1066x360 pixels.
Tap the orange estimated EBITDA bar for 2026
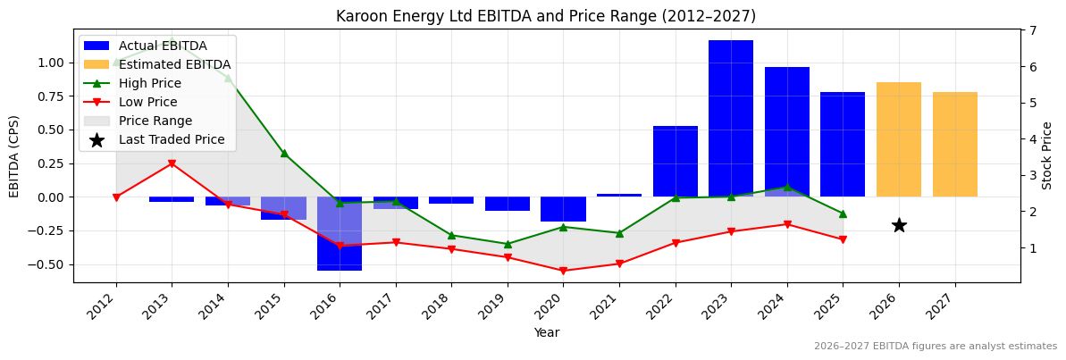[x=899, y=139]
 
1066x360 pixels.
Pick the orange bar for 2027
[x=955, y=144]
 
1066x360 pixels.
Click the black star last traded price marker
[x=899, y=225]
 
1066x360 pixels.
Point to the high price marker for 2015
[x=284, y=154]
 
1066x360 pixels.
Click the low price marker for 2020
[x=563, y=271]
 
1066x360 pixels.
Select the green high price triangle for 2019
[x=508, y=244]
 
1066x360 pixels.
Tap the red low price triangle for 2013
[x=172, y=163]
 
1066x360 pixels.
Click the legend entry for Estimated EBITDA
[x=174, y=64]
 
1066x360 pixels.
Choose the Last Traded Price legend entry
[x=172, y=139]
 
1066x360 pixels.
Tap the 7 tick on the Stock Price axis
[x=1033, y=30]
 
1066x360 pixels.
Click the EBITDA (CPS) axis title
[x=14, y=155]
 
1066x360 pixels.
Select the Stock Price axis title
[x=1047, y=155]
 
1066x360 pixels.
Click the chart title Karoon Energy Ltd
[x=545, y=16]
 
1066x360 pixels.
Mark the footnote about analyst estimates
[x=935, y=347]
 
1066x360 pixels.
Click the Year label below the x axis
[x=546, y=332]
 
